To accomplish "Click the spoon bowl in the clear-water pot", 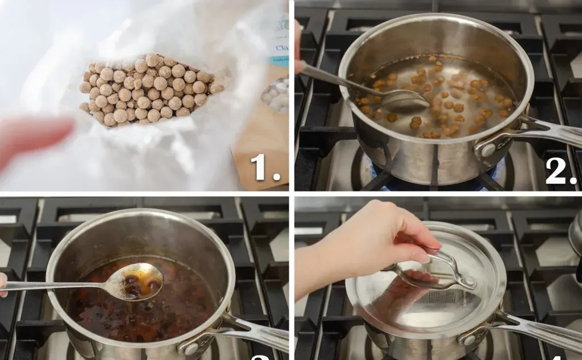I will point(405,101).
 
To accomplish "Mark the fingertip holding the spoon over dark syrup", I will point(3,284).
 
